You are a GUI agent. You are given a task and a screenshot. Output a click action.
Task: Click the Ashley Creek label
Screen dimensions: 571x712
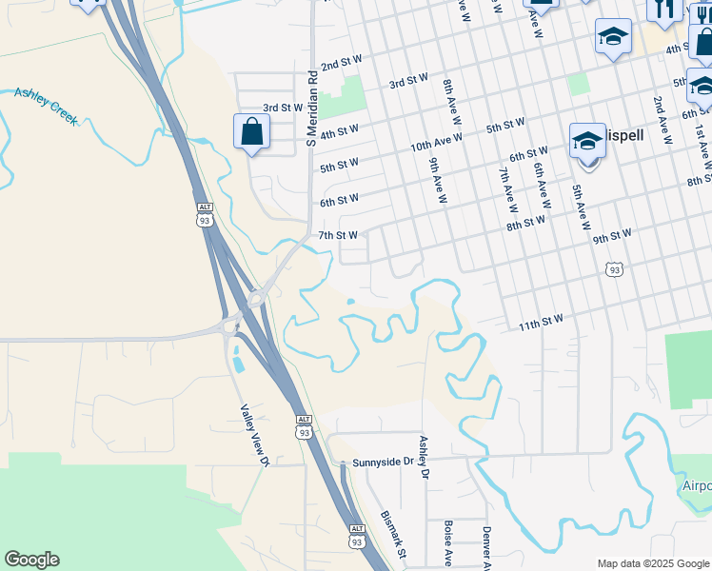(47, 107)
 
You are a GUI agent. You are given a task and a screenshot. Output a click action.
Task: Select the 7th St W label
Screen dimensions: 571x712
(338, 235)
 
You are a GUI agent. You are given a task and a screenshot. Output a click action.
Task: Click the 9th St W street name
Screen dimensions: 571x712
(612, 235)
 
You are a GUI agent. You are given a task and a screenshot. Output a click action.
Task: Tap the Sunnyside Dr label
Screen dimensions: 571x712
(385, 463)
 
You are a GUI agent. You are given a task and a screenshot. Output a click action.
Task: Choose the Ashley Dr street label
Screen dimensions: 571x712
(425, 457)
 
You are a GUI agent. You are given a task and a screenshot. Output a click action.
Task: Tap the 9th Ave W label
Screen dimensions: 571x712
(437, 181)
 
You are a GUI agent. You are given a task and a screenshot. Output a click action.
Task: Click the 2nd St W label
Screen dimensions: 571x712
(341, 63)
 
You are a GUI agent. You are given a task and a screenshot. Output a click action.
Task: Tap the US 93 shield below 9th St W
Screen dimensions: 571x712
(614, 270)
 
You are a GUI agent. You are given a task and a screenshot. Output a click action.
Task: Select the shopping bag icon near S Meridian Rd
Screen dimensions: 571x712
(249, 132)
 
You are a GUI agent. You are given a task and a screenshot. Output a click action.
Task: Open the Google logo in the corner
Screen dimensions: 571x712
(31, 560)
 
